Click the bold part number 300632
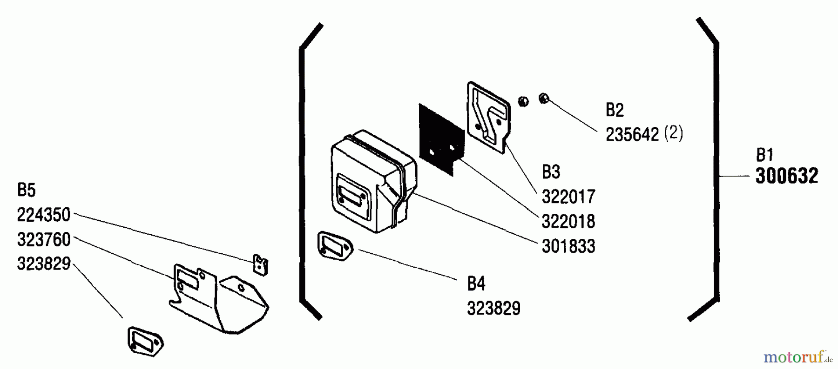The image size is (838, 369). pyautogui.click(x=786, y=177)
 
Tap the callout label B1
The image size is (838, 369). pyautogui.click(x=764, y=154)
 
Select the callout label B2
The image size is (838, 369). pyautogui.click(x=615, y=110)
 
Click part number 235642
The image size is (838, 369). pyautogui.click(x=632, y=135)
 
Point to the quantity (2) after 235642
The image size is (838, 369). pyautogui.click(x=673, y=134)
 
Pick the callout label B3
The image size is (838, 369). pyautogui.click(x=551, y=172)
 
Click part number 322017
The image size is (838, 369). pyautogui.click(x=568, y=197)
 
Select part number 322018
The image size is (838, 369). pyautogui.click(x=568, y=221)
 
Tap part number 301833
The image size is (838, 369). pyautogui.click(x=568, y=246)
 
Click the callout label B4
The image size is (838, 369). pyautogui.click(x=476, y=283)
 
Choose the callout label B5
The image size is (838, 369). pyautogui.click(x=26, y=190)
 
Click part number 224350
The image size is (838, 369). pyautogui.click(x=44, y=215)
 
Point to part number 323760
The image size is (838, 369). pyautogui.click(x=44, y=240)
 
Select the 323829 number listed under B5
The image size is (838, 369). pyautogui.click(x=44, y=264)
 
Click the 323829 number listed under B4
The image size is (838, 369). pyautogui.click(x=494, y=308)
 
